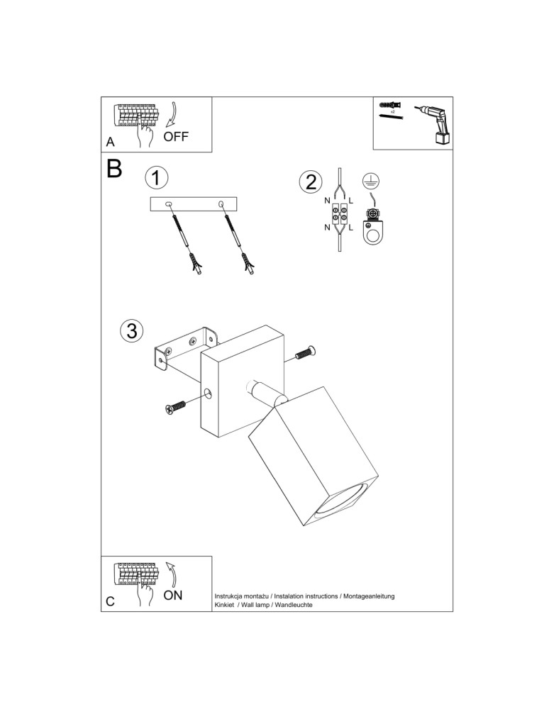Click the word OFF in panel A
coord(176,137)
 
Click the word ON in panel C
coord(173,595)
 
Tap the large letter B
coord(114,168)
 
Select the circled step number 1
coord(157,177)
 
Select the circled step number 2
coord(309,182)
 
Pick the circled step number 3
coord(132,330)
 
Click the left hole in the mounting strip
coord(169,204)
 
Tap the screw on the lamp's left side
coord(174,407)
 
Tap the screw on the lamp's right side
coord(304,352)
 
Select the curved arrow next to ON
coord(170,573)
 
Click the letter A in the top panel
coord(110,142)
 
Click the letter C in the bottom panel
coord(110,601)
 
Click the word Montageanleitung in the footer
coord(368,596)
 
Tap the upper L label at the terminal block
coord(351,201)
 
